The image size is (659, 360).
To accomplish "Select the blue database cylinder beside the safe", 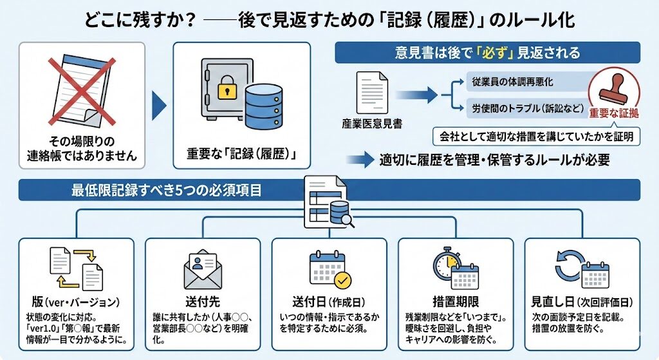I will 265,102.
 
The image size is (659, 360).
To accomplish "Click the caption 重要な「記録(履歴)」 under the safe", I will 242,155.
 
